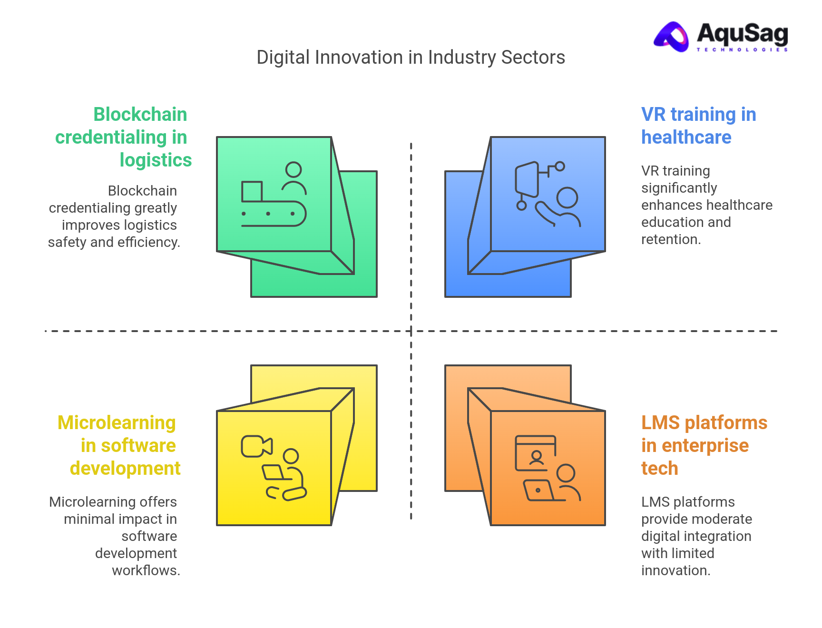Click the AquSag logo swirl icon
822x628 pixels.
pos(672,36)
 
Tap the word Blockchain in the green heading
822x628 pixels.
pos(140,115)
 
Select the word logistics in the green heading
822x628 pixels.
pos(156,160)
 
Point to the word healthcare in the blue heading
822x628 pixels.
pos(686,137)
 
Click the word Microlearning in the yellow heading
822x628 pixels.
pos(117,423)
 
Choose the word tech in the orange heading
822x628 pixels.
pos(659,469)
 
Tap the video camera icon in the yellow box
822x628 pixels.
pos(256,446)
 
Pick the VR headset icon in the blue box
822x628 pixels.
pos(527,180)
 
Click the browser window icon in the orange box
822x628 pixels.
pos(536,453)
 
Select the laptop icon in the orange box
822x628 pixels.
pos(539,491)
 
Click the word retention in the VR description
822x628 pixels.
pos(670,239)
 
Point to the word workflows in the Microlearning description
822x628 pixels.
pos(145,570)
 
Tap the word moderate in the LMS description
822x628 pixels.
pos(721,519)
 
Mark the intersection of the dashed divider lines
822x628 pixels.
pos(411,331)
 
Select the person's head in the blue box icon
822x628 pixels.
pos(567,197)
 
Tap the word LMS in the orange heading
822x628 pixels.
pos(660,423)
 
